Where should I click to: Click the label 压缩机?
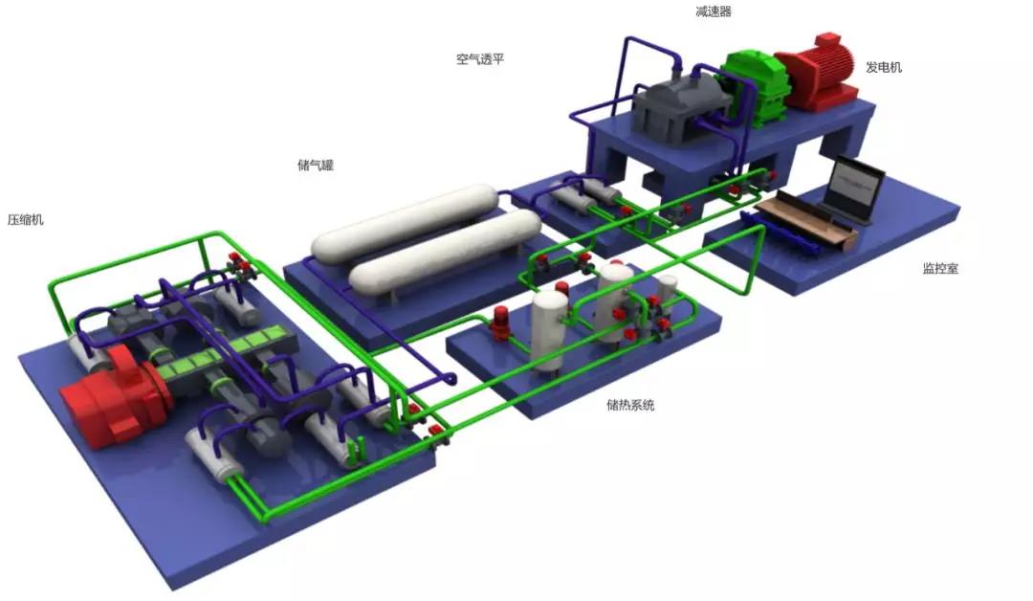26,219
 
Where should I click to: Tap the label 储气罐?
316,165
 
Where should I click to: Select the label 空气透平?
479,58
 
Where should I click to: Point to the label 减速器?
714,11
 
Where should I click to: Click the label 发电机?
884,67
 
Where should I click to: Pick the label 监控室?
940,268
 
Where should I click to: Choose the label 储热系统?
630,405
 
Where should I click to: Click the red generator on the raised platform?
817,73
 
